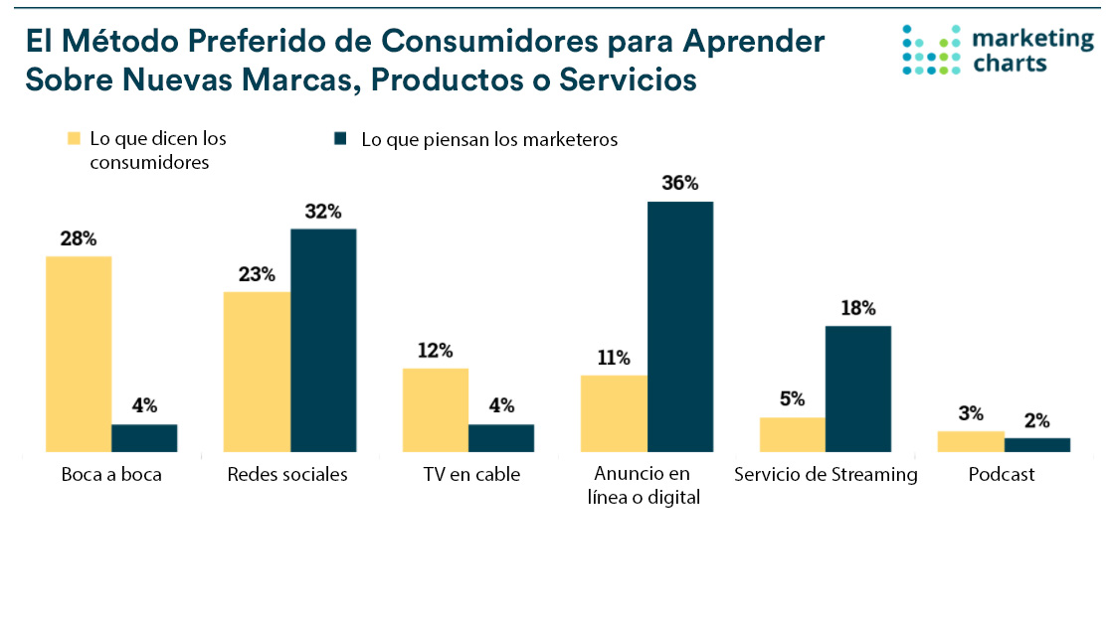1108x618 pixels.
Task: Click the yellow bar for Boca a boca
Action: click(79, 354)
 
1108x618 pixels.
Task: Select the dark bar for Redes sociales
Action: click(323, 340)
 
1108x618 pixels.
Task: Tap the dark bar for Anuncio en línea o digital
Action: click(680, 326)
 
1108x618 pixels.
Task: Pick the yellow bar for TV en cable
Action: click(435, 409)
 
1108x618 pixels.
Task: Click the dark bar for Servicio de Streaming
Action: click(858, 388)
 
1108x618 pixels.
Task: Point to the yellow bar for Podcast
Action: click(971, 441)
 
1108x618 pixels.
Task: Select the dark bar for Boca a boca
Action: click(144, 438)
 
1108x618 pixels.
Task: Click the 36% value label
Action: click(680, 184)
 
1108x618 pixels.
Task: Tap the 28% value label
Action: click(79, 239)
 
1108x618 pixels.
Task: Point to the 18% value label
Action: click(857, 309)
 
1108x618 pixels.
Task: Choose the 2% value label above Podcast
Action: click(1036, 421)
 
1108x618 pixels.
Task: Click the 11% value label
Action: click(615, 358)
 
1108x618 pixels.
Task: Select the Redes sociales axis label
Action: click(287, 475)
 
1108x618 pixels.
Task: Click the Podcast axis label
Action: click(1002, 475)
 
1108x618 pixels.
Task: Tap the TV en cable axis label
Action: click(471, 475)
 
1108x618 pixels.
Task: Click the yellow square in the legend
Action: click(74, 139)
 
